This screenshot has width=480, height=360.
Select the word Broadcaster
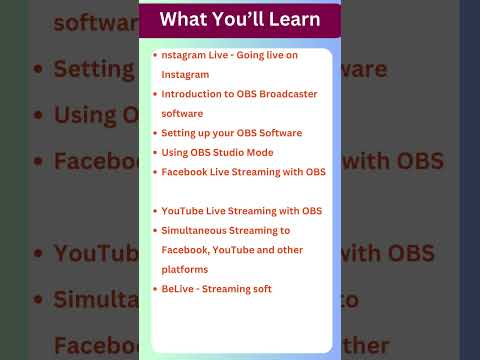click(x=290, y=94)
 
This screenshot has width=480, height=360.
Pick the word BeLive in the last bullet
click(x=177, y=288)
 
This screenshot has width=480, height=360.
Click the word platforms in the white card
click(x=185, y=269)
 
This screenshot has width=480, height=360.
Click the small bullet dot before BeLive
click(x=155, y=288)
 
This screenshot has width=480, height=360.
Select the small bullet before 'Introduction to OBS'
click(x=155, y=94)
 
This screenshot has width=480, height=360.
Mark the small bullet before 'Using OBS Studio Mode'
click(x=155, y=152)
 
